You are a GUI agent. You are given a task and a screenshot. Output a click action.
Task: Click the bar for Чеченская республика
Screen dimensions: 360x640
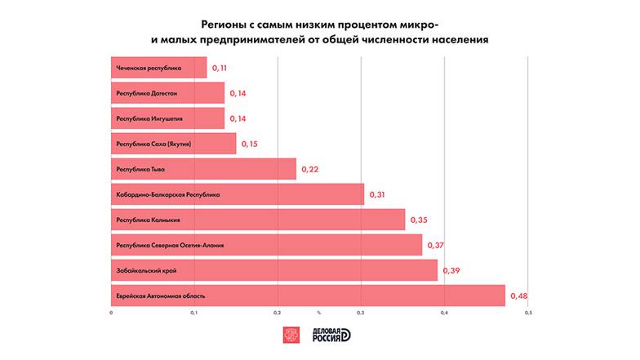pyautogui.click(x=158, y=68)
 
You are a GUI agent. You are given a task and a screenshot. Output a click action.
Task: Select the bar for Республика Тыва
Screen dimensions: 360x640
pyautogui.click(x=203, y=169)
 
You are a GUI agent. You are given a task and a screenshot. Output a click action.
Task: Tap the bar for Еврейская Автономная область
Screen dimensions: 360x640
pyautogui.click(x=308, y=295)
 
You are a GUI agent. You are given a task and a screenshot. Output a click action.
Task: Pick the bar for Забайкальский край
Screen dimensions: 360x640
pyautogui.click(x=273, y=269)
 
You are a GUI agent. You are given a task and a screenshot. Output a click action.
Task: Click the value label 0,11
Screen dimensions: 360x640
pyautogui.click(x=220, y=69)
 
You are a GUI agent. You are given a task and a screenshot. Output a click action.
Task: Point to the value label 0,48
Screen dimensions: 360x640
pyautogui.click(x=518, y=295)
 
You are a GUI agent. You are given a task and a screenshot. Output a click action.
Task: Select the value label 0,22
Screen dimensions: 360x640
pyautogui.click(x=309, y=169)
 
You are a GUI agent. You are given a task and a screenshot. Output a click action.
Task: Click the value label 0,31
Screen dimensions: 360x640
pyautogui.click(x=377, y=194)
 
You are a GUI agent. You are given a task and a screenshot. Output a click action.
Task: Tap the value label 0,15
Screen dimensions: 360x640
pyautogui.click(x=248, y=144)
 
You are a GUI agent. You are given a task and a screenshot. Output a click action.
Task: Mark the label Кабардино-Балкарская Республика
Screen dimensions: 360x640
pyautogui.click(x=168, y=194)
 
